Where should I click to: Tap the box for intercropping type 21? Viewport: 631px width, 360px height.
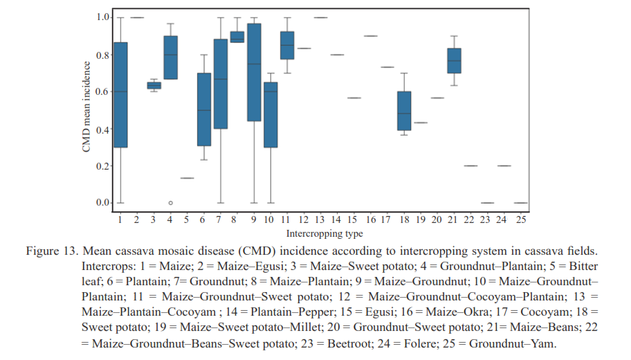pyautogui.click(x=455, y=61)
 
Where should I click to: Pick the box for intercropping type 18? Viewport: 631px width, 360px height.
pyautogui.click(x=405, y=111)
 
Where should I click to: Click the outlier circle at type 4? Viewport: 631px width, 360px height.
pyautogui.click(x=170, y=203)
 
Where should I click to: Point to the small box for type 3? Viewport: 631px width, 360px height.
pyautogui.click(x=154, y=85)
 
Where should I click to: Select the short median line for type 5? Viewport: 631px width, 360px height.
pyautogui.click(x=187, y=178)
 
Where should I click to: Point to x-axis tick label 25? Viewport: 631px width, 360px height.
pyautogui.click(x=521, y=219)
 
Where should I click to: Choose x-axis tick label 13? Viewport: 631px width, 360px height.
pyautogui.click(x=320, y=219)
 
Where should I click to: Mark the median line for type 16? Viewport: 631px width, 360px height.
pyautogui.click(x=371, y=35)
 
